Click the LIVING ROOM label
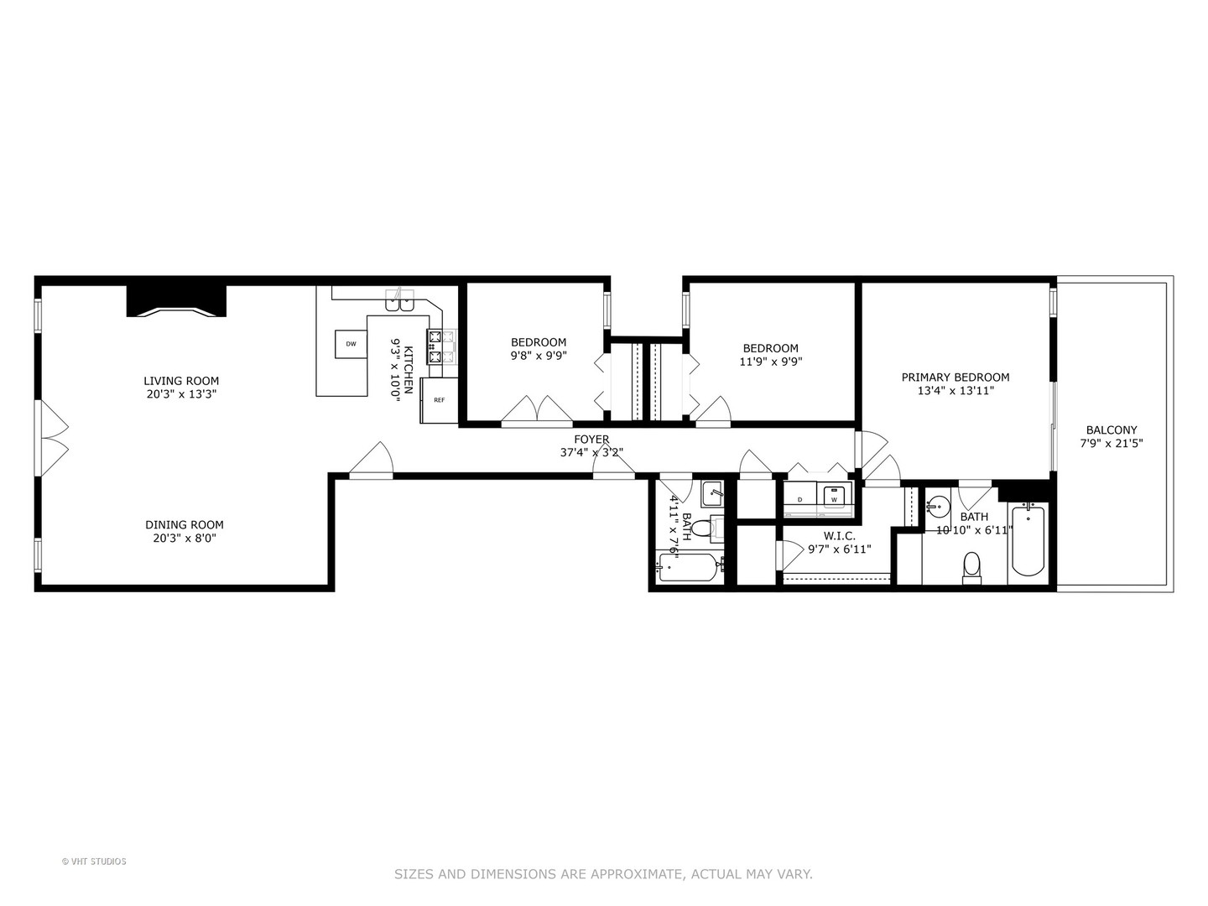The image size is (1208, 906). point(180,381)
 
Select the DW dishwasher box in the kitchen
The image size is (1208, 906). point(351,344)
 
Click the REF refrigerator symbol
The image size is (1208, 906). point(439,400)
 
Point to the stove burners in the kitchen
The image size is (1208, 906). point(442,347)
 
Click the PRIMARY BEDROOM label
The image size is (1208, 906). point(955,377)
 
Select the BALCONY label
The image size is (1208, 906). point(1111,430)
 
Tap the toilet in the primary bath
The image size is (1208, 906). point(971,568)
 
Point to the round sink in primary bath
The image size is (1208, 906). point(938,506)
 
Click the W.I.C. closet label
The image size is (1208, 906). point(839,536)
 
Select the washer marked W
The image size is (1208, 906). point(834,497)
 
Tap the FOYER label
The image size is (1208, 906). point(591,440)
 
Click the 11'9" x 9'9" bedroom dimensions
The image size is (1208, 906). point(770,362)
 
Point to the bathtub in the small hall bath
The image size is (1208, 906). point(687,567)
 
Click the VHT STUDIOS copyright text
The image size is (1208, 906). point(94,861)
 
